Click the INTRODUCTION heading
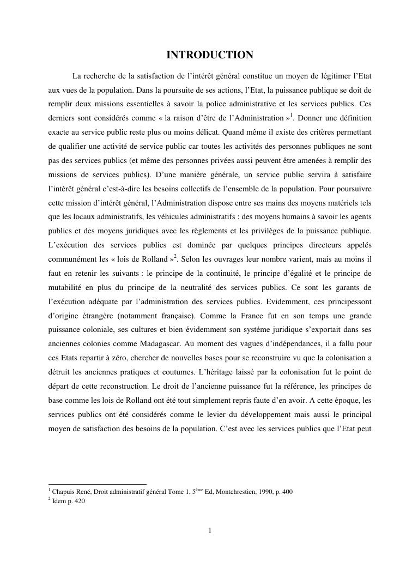click(210, 55)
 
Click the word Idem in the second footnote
click(59, 502)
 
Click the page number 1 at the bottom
click(210, 531)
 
